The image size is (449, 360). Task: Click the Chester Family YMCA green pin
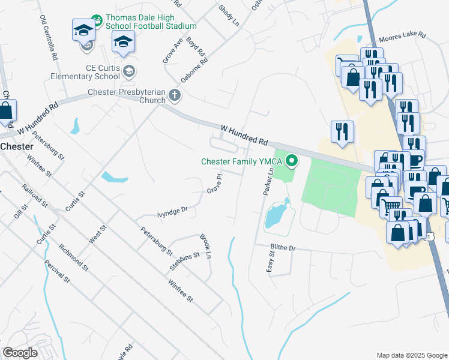click(x=292, y=160)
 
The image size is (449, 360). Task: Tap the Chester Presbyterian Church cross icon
click(x=174, y=94)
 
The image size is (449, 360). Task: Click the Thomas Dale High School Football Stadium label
click(x=151, y=22)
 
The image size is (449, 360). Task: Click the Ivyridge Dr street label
click(x=172, y=211)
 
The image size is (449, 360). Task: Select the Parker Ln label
click(x=268, y=180)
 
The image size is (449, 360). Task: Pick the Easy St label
click(x=271, y=262)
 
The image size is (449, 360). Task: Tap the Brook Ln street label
click(x=205, y=246)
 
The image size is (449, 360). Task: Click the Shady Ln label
click(x=229, y=15)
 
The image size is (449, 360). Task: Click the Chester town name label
click(x=16, y=146)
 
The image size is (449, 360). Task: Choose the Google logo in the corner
click(x=20, y=353)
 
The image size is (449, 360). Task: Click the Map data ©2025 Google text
click(x=411, y=355)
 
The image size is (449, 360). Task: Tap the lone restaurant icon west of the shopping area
click(x=342, y=132)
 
